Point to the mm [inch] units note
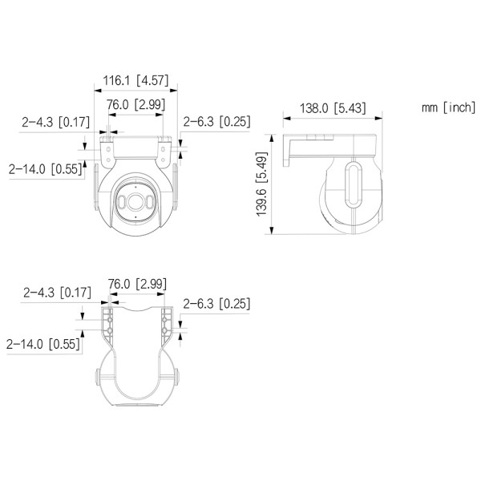448,107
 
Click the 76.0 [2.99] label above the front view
137,105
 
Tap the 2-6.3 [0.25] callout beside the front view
217,122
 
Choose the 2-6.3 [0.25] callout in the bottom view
217,303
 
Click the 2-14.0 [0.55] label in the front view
45,169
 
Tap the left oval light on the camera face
120,203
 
